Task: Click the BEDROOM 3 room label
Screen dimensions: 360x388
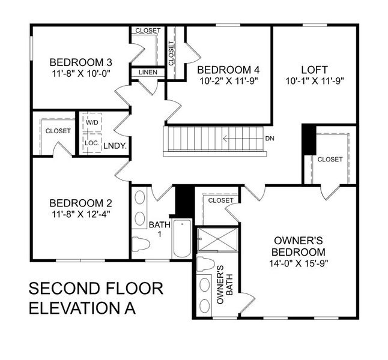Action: (80, 62)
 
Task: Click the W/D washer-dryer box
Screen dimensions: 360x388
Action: (92, 123)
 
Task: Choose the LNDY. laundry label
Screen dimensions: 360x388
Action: (114, 145)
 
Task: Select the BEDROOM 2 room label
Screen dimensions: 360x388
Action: (80, 202)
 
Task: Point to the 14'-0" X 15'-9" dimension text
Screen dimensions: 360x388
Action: (298, 262)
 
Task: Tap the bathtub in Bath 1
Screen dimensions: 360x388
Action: (181, 239)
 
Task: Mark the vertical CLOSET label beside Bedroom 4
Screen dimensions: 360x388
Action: (171, 53)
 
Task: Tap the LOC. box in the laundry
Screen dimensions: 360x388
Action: (92, 143)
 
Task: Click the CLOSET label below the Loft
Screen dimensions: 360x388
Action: (330, 160)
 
